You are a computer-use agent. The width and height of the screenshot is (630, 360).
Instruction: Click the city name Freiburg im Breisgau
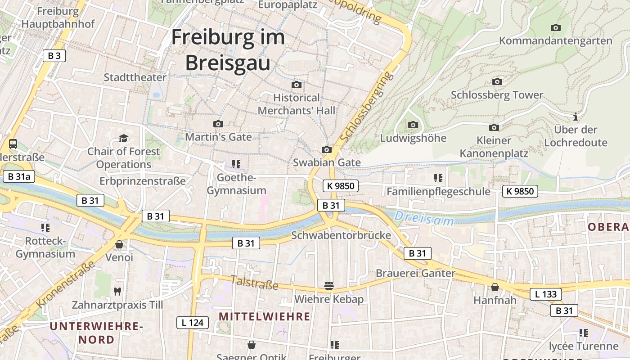point(228,49)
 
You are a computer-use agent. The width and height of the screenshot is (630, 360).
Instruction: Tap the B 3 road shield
point(54,56)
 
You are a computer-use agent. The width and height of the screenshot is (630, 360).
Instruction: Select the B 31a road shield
point(19,176)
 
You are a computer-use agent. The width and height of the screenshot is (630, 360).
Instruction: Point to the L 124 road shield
point(192,322)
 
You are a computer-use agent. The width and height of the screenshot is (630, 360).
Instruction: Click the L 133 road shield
point(546,294)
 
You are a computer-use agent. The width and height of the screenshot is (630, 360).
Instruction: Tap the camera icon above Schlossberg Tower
point(497,81)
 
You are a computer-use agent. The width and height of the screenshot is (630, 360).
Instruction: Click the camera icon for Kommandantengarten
point(556,27)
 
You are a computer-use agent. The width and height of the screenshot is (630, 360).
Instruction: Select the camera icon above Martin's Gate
point(218,124)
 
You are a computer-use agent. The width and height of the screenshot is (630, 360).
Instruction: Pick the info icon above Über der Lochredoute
point(575,117)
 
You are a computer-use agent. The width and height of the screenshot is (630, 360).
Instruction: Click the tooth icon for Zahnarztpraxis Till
point(117,291)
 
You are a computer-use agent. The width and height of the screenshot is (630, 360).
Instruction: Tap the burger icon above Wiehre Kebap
point(329,285)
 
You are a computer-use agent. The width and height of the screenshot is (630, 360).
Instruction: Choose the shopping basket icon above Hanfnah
point(495,287)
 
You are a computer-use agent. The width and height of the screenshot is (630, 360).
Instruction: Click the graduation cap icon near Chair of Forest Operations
point(123,138)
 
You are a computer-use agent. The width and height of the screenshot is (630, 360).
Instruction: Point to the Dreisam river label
point(424,219)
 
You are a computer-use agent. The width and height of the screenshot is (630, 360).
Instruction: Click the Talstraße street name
point(255,283)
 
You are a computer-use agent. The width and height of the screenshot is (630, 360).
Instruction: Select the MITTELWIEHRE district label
point(265,316)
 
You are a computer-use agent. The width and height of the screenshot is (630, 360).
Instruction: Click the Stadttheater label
point(135,77)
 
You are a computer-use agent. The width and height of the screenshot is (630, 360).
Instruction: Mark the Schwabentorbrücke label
point(341,235)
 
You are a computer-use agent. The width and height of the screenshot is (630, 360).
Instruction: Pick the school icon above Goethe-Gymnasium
point(236,164)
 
